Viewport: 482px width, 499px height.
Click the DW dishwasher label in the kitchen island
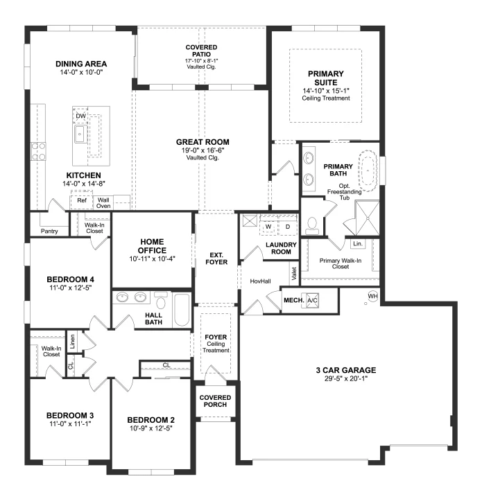81,116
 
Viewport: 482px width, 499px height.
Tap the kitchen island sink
81,134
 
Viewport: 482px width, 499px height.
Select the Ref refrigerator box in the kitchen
82,200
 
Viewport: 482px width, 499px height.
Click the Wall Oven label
103,203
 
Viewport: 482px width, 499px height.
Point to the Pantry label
49,231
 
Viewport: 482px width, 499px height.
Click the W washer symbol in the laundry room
268,227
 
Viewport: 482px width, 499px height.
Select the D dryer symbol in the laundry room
288,227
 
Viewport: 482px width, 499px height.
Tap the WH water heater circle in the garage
373,296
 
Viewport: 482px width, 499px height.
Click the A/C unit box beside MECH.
312,300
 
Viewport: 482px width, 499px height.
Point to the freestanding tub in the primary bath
368,171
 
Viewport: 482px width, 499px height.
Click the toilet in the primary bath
312,226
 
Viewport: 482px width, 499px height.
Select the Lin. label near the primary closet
358,244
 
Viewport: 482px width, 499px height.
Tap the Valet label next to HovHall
294,274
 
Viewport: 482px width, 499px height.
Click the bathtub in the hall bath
182,310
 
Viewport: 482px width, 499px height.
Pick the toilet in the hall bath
161,300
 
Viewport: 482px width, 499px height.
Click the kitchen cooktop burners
38,152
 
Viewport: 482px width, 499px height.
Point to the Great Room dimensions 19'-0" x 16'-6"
203,150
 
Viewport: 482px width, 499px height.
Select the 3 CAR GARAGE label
346,370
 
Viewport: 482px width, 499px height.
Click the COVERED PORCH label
215,401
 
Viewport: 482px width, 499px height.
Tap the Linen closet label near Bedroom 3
72,342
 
